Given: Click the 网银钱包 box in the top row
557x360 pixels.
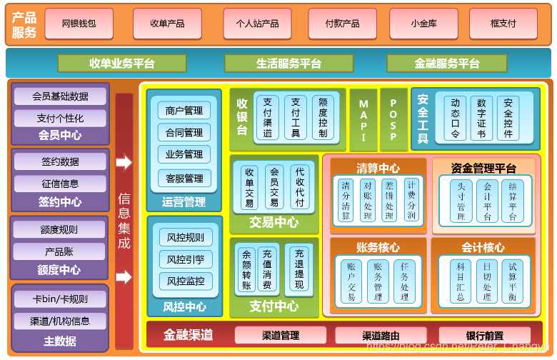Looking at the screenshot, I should click(78, 24).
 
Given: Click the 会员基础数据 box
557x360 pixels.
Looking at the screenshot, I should click(60, 96).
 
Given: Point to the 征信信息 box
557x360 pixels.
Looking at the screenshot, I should click(60, 184).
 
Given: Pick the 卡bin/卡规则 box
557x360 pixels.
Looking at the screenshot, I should click(60, 299).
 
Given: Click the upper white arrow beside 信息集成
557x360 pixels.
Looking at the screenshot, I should click(124, 163).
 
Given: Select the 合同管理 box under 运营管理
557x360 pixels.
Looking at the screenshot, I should click(184, 133).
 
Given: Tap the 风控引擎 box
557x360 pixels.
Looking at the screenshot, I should click(185, 259).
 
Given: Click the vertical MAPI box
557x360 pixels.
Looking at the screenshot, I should click(363, 120).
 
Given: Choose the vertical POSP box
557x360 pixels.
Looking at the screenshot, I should click(393, 120).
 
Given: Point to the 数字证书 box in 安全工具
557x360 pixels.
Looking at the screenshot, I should click(481, 118).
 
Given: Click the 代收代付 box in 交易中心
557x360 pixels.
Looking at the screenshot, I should click(299, 187).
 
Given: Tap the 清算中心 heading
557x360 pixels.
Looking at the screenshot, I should click(378, 169).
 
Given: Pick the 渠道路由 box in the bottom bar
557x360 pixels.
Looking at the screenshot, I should click(380, 335).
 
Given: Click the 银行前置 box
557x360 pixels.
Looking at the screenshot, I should click(484, 335).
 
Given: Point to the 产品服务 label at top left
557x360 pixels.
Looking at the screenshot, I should click(24, 24).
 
